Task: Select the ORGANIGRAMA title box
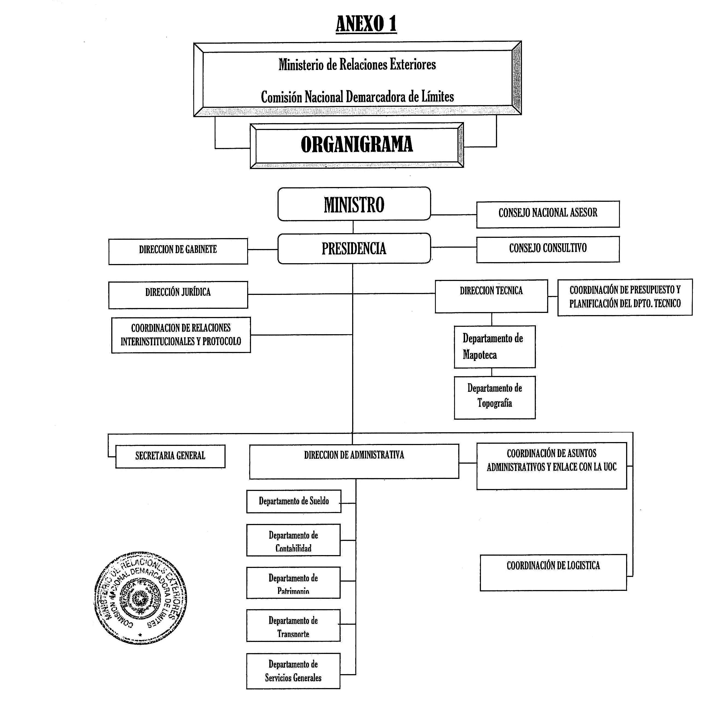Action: point(357,145)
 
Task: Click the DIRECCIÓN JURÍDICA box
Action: point(178,295)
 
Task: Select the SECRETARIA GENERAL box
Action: point(170,456)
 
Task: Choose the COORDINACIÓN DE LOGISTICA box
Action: point(553,572)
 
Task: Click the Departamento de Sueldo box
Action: point(293,501)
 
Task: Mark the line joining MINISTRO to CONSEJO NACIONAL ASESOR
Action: point(453,215)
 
